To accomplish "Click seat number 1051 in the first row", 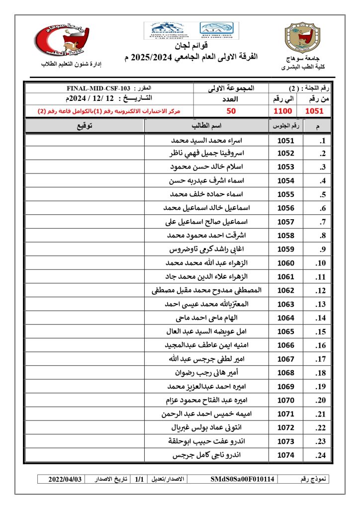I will (x=285, y=141).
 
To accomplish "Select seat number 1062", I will (x=285, y=290).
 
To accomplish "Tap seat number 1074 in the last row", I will (x=285, y=455).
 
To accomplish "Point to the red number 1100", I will (x=283, y=111).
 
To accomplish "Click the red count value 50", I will (x=231, y=111).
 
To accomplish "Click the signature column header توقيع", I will (x=84, y=126).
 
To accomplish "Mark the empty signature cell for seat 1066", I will (x=84, y=345).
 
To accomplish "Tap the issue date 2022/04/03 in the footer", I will (x=65, y=479).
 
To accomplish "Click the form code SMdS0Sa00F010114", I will (x=243, y=479).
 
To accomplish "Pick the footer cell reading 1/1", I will (x=140, y=479).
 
